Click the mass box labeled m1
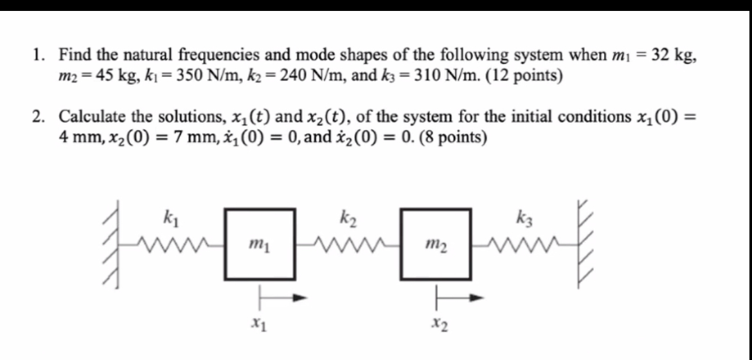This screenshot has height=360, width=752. (x=260, y=244)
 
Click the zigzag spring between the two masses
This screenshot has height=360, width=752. (x=348, y=244)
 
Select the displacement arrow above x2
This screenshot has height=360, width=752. (x=458, y=298)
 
